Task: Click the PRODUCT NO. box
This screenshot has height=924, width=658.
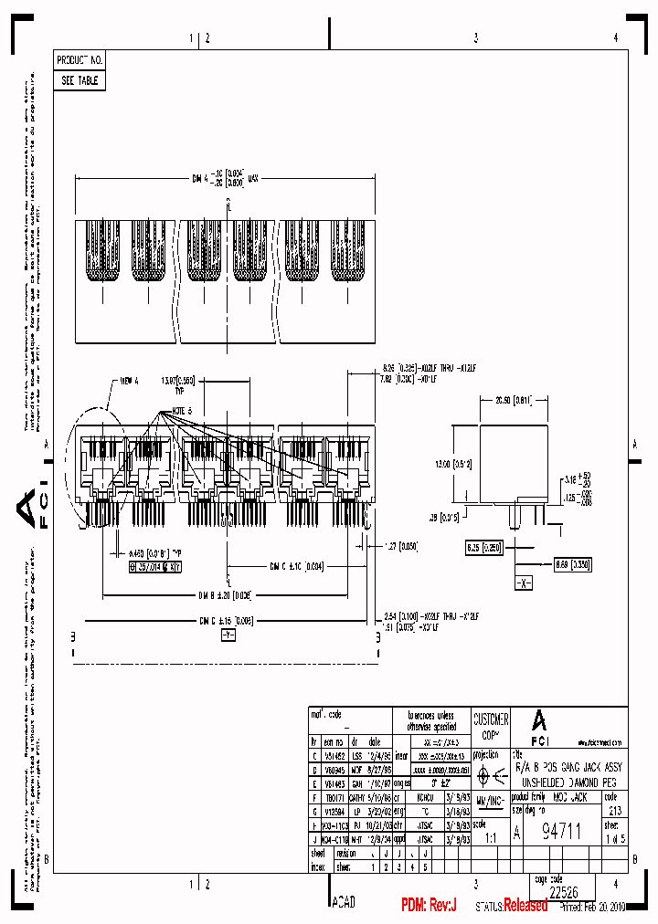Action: [80, 59]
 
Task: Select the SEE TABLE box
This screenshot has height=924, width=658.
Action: [80, 80]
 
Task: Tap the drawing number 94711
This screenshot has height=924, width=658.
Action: [561, 831]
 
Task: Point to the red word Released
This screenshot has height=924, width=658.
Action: [525, 905]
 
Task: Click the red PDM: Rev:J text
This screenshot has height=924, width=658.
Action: [429, 905]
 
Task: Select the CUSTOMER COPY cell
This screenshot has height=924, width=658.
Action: [491, 726]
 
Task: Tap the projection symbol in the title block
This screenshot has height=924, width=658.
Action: [491, 776]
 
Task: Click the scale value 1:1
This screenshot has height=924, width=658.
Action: [490, 835]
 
